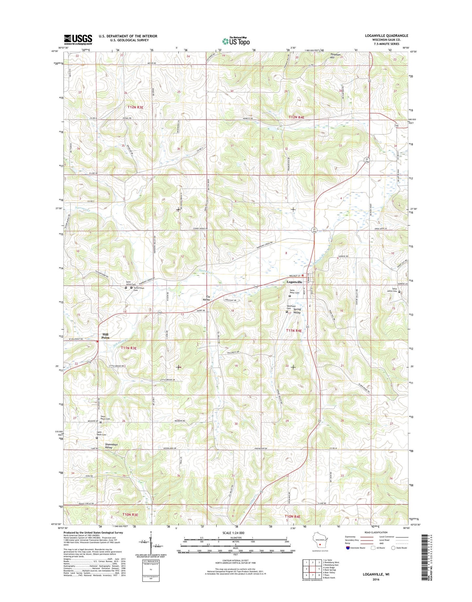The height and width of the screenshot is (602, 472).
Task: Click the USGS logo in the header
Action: click(78, 39)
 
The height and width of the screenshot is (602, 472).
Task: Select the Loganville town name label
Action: click(294, 282)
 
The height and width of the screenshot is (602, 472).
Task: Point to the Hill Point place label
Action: click(105, 336)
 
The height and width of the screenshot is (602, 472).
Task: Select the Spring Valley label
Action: click(297, 311)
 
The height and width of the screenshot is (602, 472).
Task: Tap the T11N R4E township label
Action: click(294, 331)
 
